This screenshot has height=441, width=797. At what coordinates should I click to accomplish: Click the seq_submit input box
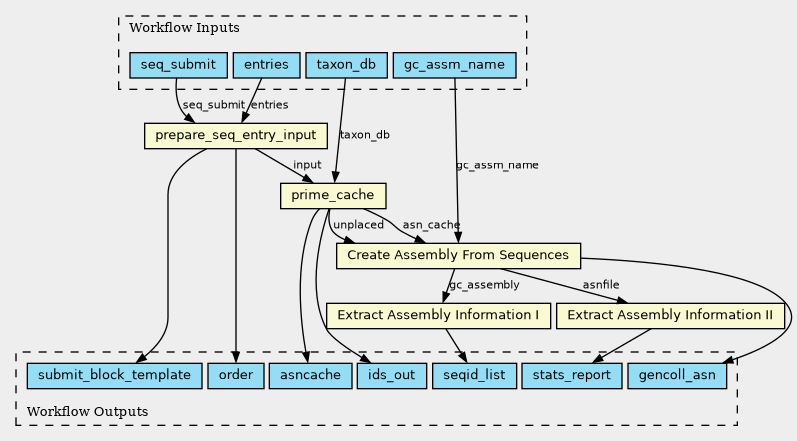[x=178, y=65]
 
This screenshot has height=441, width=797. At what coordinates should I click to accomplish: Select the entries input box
[x=266, y=65]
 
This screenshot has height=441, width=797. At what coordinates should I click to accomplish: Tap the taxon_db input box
[x=346, y=65]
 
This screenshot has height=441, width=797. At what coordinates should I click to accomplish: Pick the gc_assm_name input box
[x=454, y=65]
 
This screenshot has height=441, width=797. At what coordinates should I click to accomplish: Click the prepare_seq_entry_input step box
[x=236, y=136]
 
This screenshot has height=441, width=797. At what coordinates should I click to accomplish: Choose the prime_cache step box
[x=333, y=196]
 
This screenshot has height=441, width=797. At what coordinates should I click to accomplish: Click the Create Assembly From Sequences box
[x=458, y=256]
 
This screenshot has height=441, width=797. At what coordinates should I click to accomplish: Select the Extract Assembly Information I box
[x=438, y=316]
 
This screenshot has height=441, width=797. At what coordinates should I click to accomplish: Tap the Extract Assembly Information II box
[x=670, y=316]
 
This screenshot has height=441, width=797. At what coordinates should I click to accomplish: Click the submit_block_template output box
[x=114, y=375]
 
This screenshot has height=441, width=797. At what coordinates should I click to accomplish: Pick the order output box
[x=236, y=375]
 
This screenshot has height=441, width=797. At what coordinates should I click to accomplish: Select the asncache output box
[x=311, y=375]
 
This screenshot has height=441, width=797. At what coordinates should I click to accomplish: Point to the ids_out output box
[x=391, y=375]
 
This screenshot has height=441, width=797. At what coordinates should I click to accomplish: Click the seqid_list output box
[x=474, y=375]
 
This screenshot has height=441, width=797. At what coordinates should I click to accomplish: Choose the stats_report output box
[x=572, y=375]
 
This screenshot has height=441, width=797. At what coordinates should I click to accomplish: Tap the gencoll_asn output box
[x=677, y=375]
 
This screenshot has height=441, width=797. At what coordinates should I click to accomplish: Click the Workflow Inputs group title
[x=184, y=27]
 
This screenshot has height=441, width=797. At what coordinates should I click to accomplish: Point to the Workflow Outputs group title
[x=87, y=412]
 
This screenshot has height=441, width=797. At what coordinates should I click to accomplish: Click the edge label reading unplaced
[x=358, y=225]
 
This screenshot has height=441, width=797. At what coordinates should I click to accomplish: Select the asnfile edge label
[x=601, y=285]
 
